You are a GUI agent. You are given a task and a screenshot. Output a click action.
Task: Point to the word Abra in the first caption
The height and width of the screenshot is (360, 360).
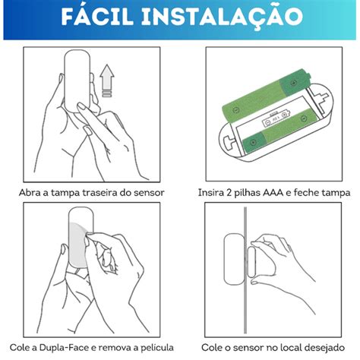[32, 192]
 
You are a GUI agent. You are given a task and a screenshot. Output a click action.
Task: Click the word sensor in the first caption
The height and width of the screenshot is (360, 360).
[144, 192]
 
